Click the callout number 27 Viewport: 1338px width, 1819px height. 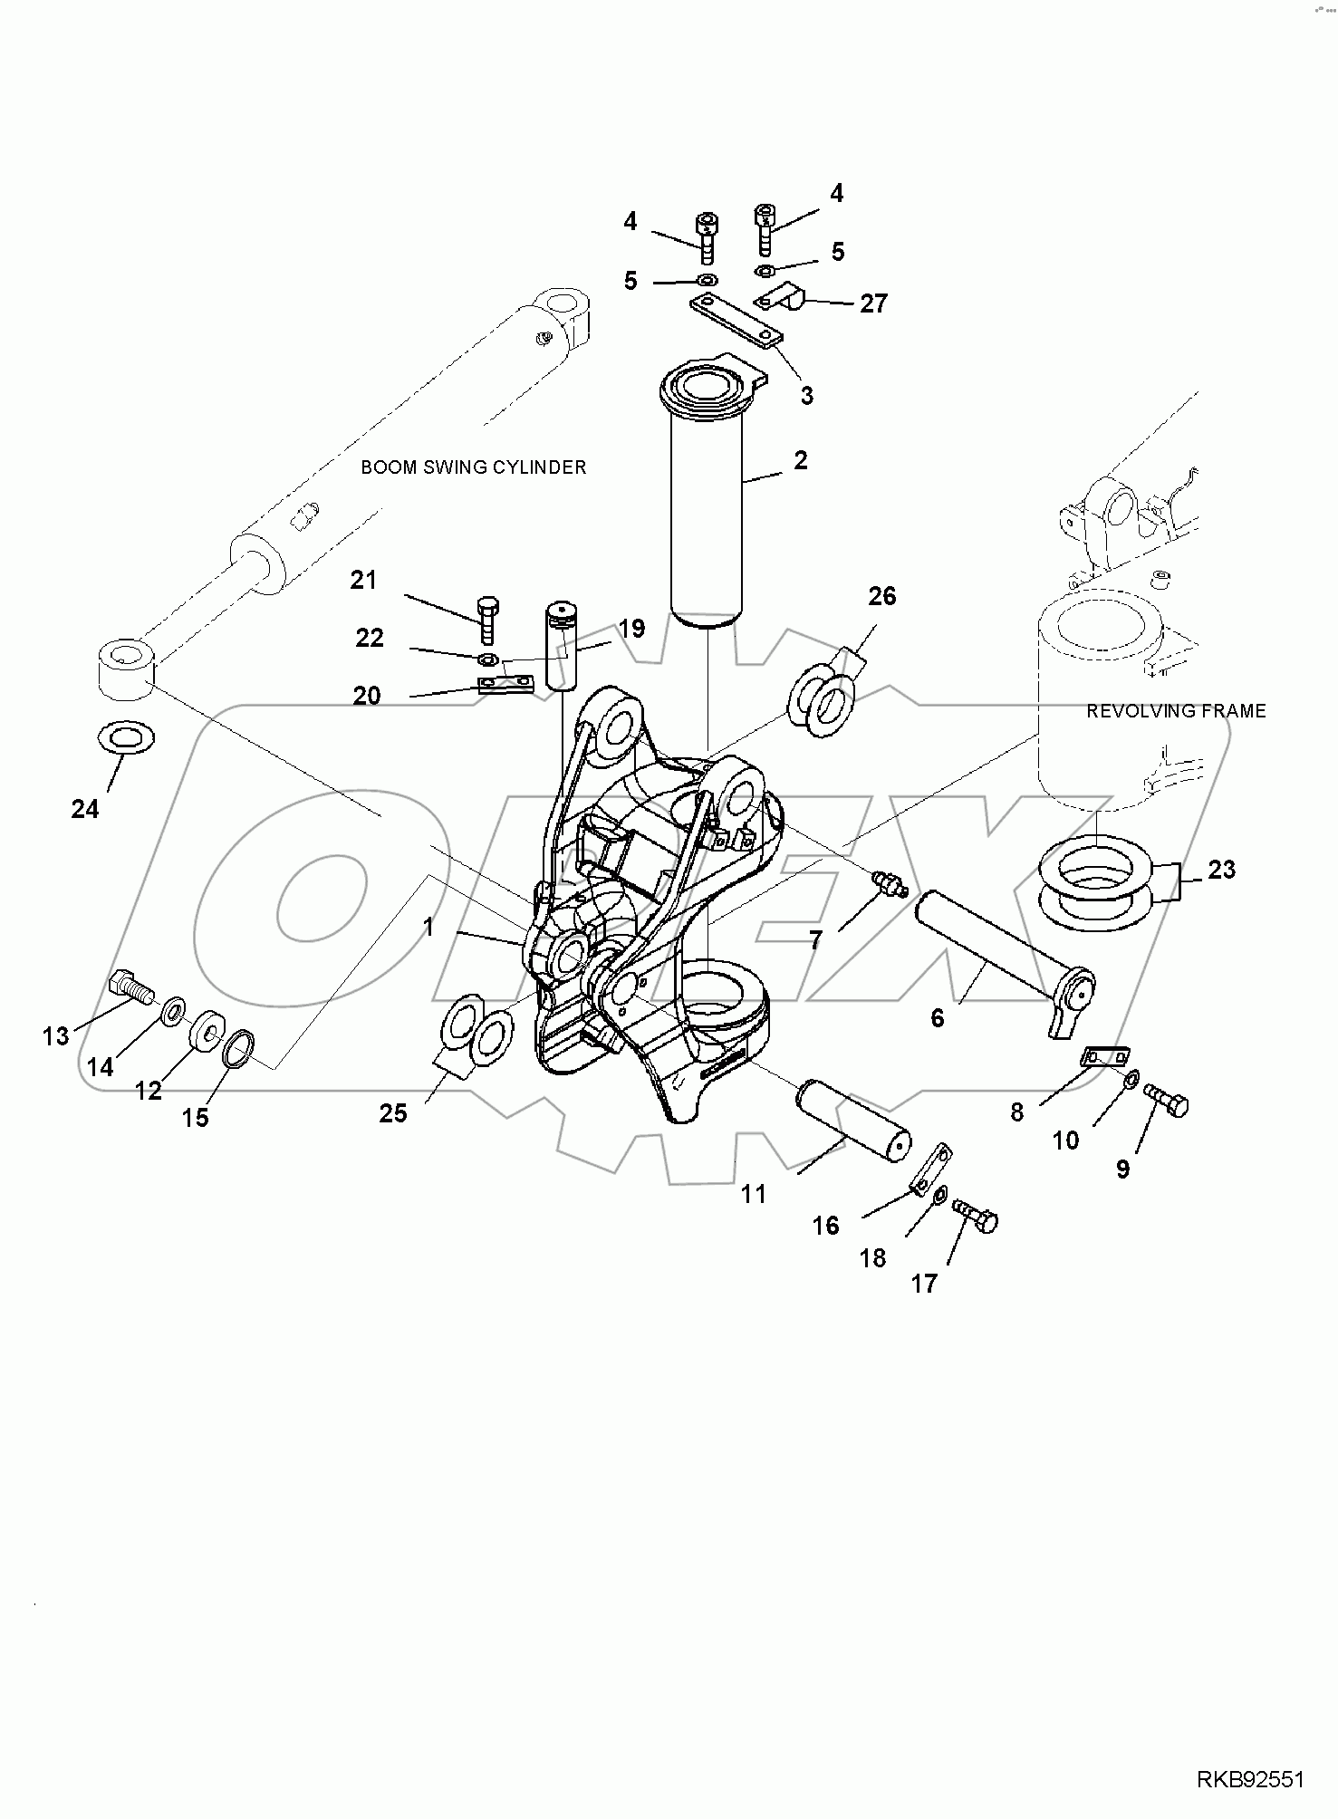(x=873, y=303)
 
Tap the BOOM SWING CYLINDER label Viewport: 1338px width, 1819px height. (x=473, y=467)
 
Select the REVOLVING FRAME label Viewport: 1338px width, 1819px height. (x=1175, y=711)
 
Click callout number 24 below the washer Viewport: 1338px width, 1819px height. (x=84, y=808)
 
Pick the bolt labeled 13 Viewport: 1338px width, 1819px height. (x=130, y=988)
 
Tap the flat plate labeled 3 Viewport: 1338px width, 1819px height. (x=735, y=322)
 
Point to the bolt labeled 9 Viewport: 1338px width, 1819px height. (x=1168, y=1100)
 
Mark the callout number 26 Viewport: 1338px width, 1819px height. (x=881, y=596)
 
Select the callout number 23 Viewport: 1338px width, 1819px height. (x=1221, y=870)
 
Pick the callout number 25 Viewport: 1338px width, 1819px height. (x=393, y=1112)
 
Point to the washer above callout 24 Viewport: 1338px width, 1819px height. (x=125, y=736)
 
